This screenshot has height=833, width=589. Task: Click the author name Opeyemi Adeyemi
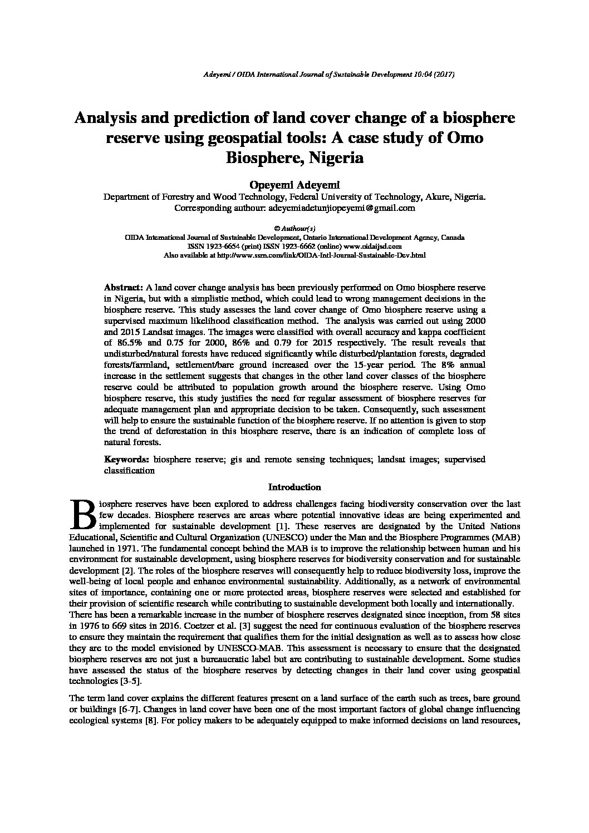294,184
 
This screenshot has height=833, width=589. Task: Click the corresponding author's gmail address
341,208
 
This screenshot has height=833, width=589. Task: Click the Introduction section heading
294,487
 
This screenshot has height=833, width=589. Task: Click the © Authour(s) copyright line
295,228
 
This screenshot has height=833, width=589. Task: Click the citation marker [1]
281,526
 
